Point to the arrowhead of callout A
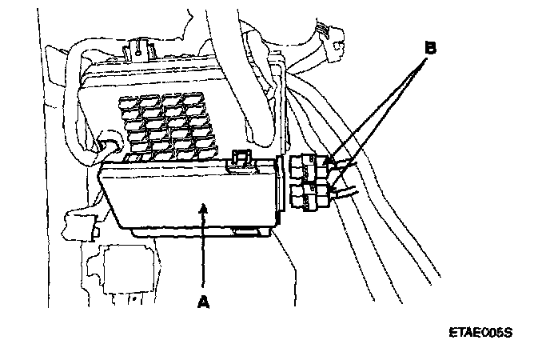205,206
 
